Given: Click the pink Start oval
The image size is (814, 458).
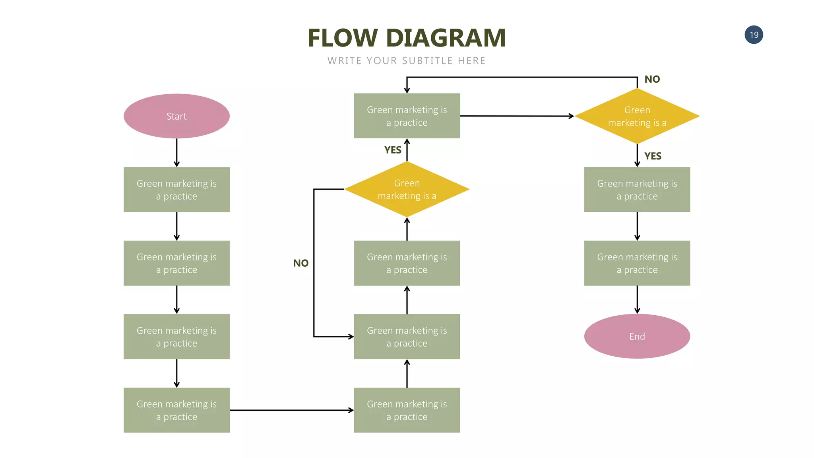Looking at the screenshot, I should (x=176, y=116).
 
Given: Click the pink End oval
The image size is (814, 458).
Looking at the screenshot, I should (x=637, y=336).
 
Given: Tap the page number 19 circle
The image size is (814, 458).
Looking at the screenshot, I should (x=754, y=35).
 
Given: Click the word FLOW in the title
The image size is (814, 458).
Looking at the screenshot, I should (x=342, y=38).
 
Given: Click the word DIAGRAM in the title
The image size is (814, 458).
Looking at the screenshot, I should (x=446, y=38).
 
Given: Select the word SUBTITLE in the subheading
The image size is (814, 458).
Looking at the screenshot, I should (x=427, y=61).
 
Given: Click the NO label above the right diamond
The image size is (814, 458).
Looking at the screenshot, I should (x=652, y=79).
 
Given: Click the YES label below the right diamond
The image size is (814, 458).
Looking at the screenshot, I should (x=653, y=156).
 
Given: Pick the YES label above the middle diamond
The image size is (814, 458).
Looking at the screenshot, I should (x=393, y=150).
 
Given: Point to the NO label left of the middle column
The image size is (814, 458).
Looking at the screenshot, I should (x=300, y=263).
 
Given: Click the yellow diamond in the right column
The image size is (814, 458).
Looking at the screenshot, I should (x=637, y=116).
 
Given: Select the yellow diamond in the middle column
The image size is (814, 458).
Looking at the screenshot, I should (x=407, y=189).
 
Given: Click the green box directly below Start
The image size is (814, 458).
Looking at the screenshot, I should (x=176, y=190).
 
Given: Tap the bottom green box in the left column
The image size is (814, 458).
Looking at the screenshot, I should (x=176, y=410).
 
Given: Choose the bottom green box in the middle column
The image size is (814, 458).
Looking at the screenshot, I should (x=407, y=410).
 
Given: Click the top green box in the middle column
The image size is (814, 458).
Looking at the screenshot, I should (x=407, y=116).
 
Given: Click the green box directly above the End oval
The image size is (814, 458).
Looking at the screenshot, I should (x=637, y=263).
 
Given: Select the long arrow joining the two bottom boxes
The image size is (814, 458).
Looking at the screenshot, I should (x=291, y=410).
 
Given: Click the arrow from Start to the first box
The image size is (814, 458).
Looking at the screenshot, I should (x=176, y=153).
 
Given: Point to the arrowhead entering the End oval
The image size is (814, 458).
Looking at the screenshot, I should (x=637, y=311).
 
